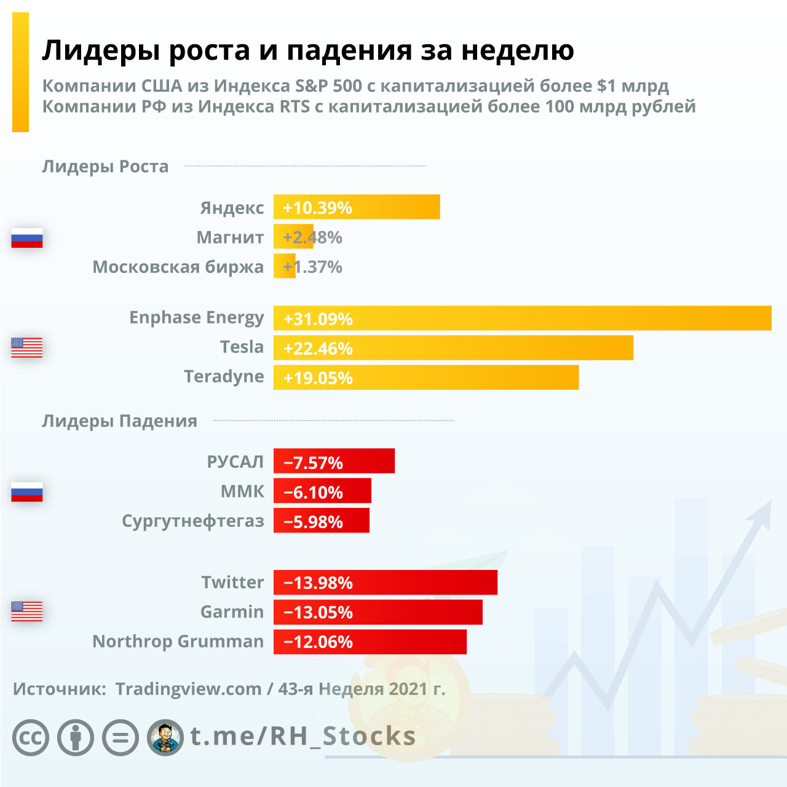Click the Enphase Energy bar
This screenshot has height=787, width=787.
click(523, 318)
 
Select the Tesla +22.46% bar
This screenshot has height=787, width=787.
click(453, 347)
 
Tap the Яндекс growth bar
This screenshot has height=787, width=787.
click(357, 207)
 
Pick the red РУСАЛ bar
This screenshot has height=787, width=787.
click(334, 461)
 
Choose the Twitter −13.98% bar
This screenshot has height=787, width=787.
click(385, 582)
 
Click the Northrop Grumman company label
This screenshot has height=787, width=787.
click(178, 641)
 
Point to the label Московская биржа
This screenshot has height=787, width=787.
click(178, 267)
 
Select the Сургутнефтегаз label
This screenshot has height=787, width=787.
click(192, 521)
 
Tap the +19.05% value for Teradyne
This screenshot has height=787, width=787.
click(318, 378)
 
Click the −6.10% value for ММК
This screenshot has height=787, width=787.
click(313, 492)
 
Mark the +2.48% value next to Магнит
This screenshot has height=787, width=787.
click(312, 237)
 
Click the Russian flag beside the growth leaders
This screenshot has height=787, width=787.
click(27, 237)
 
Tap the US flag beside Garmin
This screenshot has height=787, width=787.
click(27, 611)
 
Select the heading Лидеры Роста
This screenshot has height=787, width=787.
click(105, 167)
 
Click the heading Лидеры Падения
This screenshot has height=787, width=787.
click(119, 421)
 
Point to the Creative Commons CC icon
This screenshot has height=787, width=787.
click(31, 737)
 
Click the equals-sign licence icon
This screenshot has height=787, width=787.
click(121, 737)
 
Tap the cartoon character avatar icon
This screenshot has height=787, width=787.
click(165, 737)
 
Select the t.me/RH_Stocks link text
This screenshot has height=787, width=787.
click(303, 736)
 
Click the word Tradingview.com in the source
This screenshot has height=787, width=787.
click(188, 689)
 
